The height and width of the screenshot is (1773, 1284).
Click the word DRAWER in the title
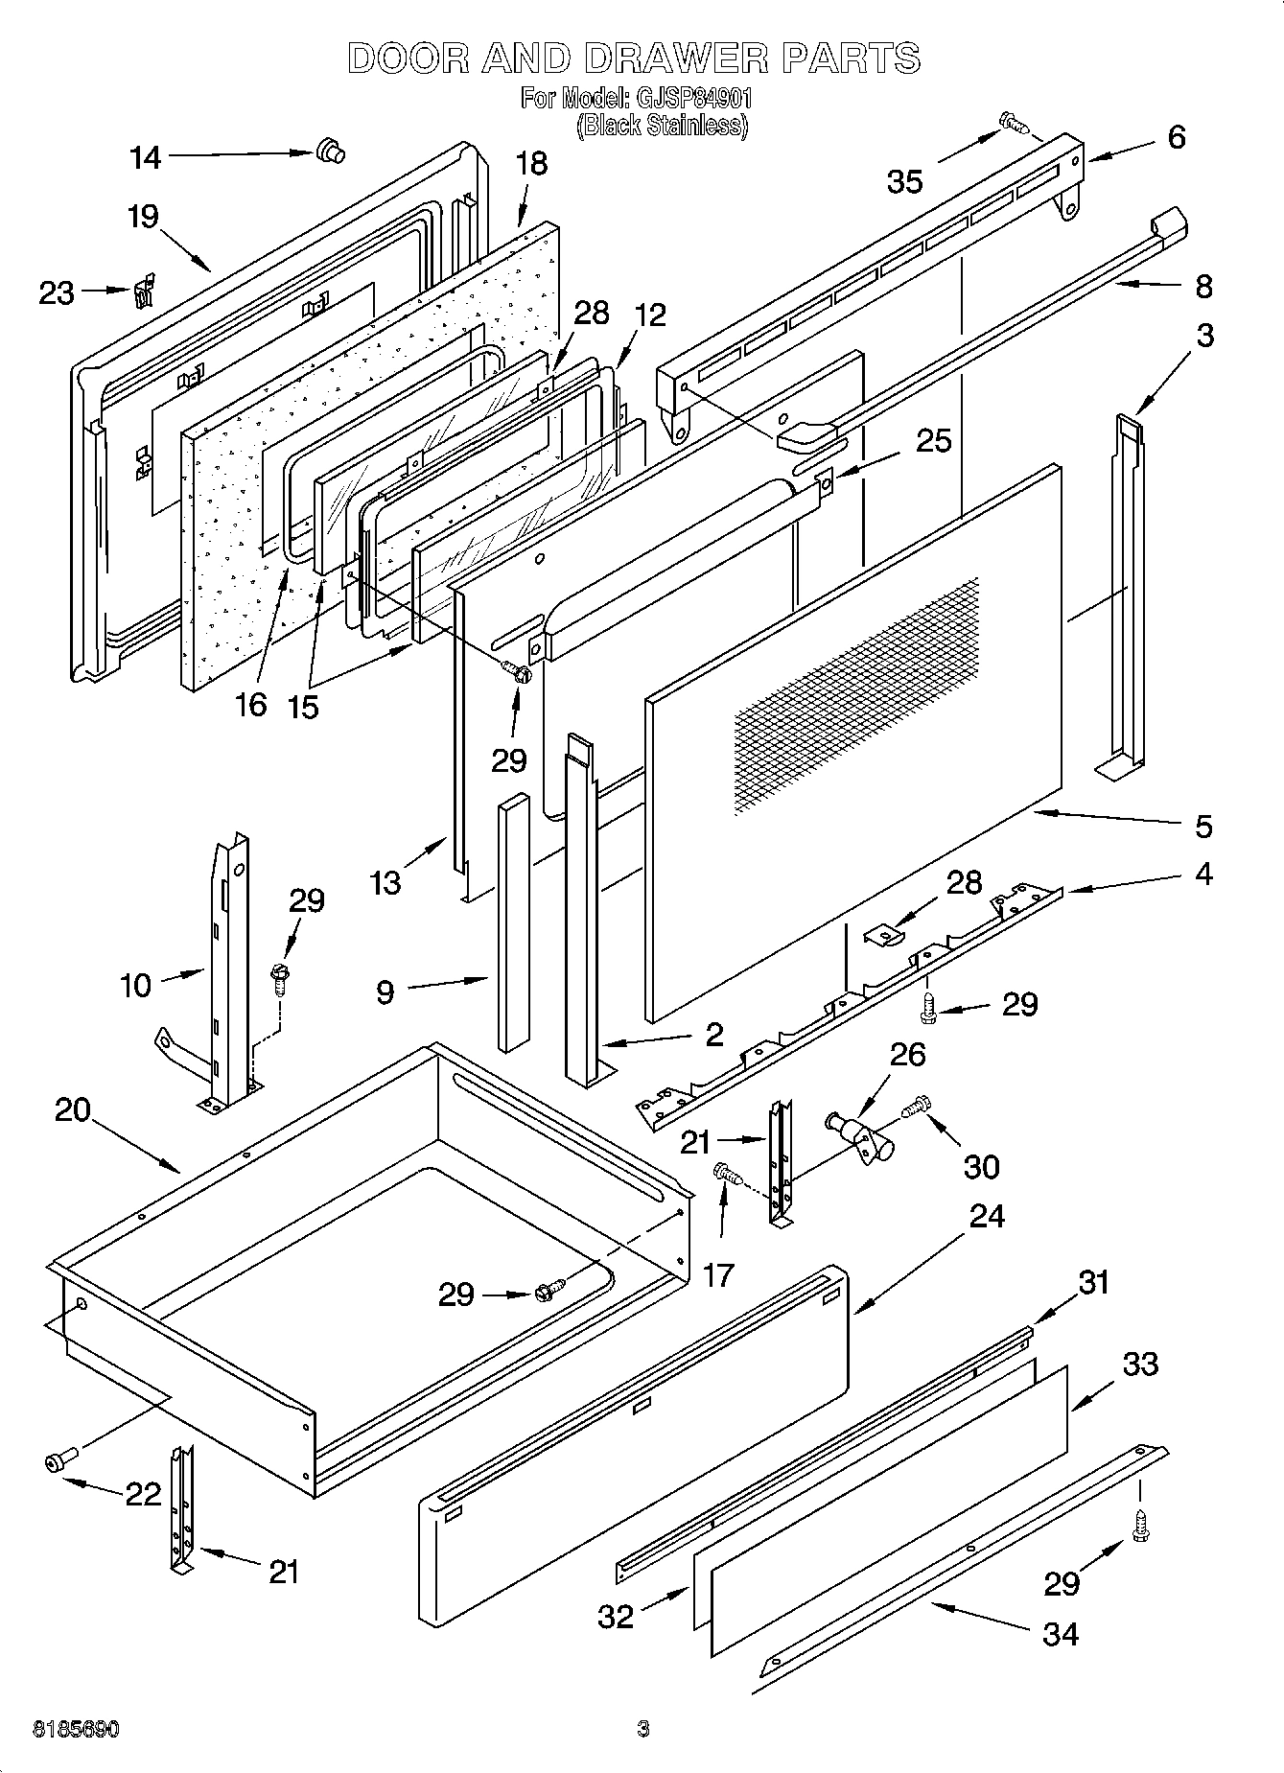pos(675,58)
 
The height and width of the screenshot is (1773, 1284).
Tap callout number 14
pos(146,157)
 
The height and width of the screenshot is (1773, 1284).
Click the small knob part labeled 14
pos(329,151)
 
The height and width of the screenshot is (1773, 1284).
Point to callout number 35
pos(904,182)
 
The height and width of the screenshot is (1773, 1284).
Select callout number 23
pos(56,292)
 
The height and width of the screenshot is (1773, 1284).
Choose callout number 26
pos(907,1054)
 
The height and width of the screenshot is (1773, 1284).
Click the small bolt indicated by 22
pos(58,1460)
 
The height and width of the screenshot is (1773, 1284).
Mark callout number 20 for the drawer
pos(73,1110)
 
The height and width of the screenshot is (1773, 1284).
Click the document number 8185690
pos(77,1729)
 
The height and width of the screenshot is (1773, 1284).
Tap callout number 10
pos(136,984)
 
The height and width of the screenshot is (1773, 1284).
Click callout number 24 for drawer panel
pos(987,1215)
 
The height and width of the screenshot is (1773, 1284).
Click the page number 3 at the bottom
pos(643,1729)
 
